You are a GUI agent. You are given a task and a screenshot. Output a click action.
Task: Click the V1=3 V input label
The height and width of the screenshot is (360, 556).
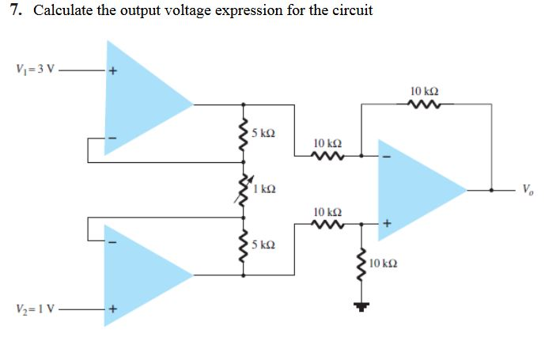point(34,68)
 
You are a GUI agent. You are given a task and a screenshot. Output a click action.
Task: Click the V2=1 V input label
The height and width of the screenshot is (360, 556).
point(34,309)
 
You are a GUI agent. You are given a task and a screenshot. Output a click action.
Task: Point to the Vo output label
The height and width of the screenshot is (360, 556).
point(528,189)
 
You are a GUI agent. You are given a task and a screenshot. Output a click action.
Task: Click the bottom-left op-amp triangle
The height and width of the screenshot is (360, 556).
point(142,274)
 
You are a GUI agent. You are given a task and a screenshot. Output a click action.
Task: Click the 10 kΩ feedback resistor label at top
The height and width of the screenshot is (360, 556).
point(425,91)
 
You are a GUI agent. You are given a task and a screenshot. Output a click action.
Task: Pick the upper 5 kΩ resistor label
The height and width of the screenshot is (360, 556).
point(263,131)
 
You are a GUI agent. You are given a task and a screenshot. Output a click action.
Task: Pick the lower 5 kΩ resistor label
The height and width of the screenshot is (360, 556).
point(263,243)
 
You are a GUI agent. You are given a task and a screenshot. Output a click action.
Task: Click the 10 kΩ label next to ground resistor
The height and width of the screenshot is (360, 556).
point(384,261)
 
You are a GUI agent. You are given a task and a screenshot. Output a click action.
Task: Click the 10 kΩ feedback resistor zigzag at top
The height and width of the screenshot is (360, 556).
point(425,104)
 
